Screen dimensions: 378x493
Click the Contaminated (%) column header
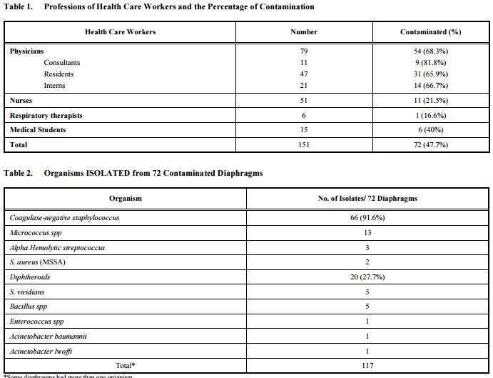tap(425, 32)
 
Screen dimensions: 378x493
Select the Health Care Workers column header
tap(120, 32)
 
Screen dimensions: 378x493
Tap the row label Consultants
tap(62, 63)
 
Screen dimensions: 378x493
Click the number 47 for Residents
tap(304, 74)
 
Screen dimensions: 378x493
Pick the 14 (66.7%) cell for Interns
tap(425, 86)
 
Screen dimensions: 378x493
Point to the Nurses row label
tap(21, 101)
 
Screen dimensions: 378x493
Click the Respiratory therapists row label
tap(46, 116)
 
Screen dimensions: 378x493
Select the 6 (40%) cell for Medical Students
tap(425, 130)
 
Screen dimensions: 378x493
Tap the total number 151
tap(304, 145)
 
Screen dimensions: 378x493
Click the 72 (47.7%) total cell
tap(425, 145)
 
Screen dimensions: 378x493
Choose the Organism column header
tap(126, 199)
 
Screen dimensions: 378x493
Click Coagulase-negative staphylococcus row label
tap(64, 218)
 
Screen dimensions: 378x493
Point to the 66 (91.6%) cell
tap(367, 218)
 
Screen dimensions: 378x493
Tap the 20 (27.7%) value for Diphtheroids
tap(367, 277)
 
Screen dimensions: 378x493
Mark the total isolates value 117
tap(367, 365)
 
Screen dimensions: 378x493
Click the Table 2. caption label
tap(19, 174)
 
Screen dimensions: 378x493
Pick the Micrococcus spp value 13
tap(367, 233)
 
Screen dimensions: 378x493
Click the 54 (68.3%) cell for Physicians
tap(425, 51)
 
